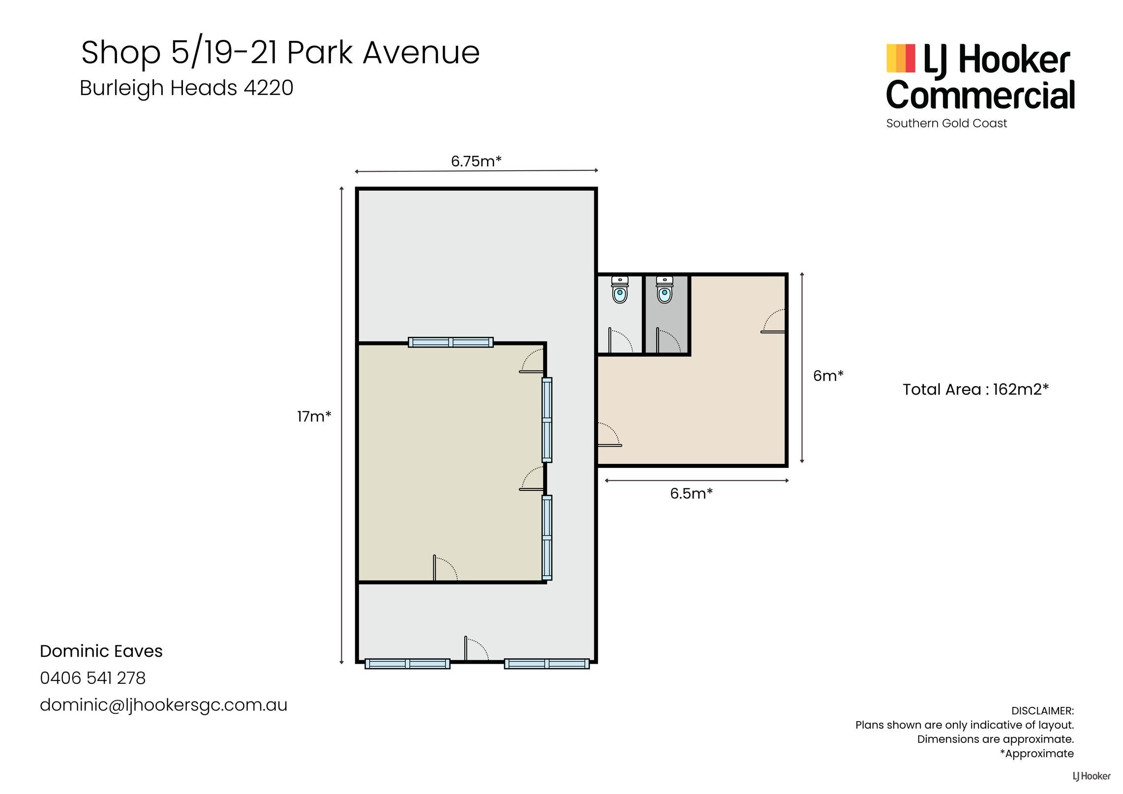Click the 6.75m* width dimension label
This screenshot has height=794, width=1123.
click(x=476, y=161)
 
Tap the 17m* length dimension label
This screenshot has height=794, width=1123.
click(x=314, y=417)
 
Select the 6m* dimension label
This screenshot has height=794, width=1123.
click(x=828, y=376)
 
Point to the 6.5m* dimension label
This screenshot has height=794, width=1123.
click(x=691, y=493)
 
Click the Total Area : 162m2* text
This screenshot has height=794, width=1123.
click(x=976, y=390)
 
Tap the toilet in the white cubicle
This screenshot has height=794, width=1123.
click(x=620, y=290)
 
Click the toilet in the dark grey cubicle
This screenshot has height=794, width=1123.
click(x=665, y=290)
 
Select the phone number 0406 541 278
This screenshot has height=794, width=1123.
click(x=93, y=678)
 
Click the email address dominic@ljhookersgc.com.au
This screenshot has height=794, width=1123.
click(x=164, y=705)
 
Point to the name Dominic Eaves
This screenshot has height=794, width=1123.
click(x=101, y=651)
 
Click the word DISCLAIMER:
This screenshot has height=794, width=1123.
click(x=1042, y=711)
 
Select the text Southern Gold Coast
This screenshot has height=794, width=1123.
click(x=946, y=123)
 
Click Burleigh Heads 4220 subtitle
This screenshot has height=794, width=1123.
click(x=186, y=88)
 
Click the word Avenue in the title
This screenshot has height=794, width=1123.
click(x=421, y=53)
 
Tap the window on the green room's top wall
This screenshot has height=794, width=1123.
click(x=451, y=342)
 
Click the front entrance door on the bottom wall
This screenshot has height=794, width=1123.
click(x=476, y=649)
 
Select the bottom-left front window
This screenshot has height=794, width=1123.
click(x=407, y=664)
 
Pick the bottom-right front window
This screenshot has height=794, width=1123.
click(x=546, y=664)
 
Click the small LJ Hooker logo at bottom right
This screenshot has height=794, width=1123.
click(x=1092, y=776)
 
